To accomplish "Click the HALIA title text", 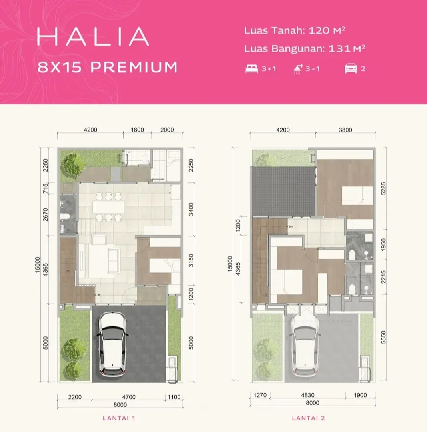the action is pos(93,36).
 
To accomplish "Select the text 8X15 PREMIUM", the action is pos(108,67).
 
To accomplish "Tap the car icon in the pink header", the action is pos(351,69).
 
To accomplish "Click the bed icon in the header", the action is pos(251,69).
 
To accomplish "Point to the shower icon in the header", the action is pos(298,69).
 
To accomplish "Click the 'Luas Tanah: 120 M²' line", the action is pos(295,30).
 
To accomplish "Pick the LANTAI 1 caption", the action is pos(119,418).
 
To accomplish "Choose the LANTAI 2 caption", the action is pos(309,418).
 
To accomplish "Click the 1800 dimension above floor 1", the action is pos(137,130).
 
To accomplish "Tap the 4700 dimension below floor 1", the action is pos(129,397).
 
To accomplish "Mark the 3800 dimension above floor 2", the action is pos(345,130).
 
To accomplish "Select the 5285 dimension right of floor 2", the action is pos(383,189).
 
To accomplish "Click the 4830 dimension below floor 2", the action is pos(308,395).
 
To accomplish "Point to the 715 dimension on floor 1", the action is pos(46,188).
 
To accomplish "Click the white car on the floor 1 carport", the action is pos(113,344).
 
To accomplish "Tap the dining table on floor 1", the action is pos(108,207).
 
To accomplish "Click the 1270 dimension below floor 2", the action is pos(260,395).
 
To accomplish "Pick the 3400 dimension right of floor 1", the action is pos(191,209).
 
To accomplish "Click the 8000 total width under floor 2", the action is pos(313,403).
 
